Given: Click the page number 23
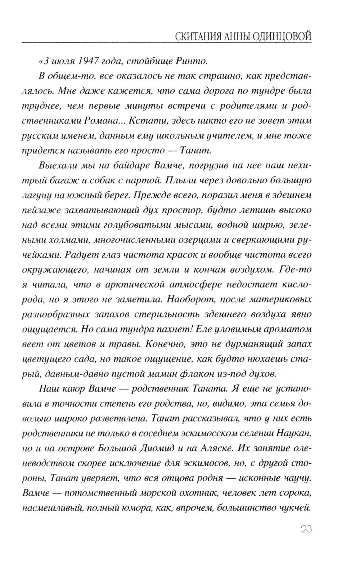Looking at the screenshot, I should click(x=305, y=529).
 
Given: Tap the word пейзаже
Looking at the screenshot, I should click(x=40, y=210).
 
